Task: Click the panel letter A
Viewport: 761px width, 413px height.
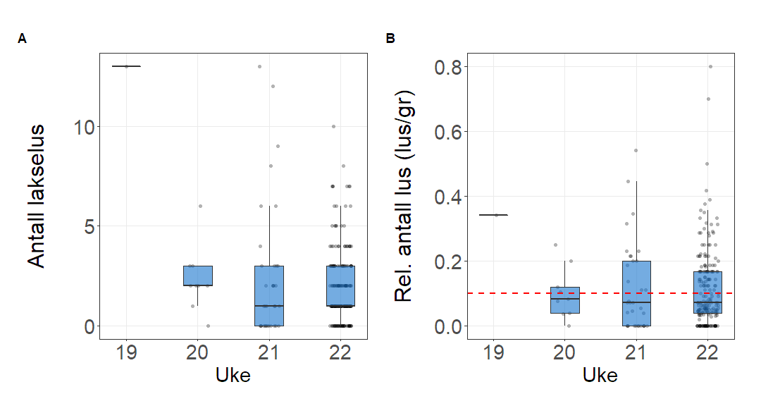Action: coord(23,39)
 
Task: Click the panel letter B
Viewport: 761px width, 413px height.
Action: coord(390,39)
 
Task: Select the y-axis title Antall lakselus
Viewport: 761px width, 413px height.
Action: coord(37,196)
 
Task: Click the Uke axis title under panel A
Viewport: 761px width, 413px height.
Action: coord(233,377)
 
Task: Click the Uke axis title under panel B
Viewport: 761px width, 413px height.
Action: coord(600,377)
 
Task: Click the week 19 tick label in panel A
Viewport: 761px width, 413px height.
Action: coord(126,352)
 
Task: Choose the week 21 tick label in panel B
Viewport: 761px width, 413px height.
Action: coord(636,352)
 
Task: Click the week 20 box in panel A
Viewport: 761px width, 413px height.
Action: coord(197,276)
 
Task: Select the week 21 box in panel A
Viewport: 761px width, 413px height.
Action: coord(268,296)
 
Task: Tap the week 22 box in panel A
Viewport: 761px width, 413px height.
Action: coord(340,285)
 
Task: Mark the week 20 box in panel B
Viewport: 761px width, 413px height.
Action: coord(564,300)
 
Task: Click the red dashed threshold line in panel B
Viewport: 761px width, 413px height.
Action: coord(521,293)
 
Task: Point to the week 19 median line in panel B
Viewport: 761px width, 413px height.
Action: coord(493,215)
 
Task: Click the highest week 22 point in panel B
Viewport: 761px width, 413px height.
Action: coord(710,66)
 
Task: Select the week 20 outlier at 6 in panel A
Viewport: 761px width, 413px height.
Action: coord(200,206)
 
